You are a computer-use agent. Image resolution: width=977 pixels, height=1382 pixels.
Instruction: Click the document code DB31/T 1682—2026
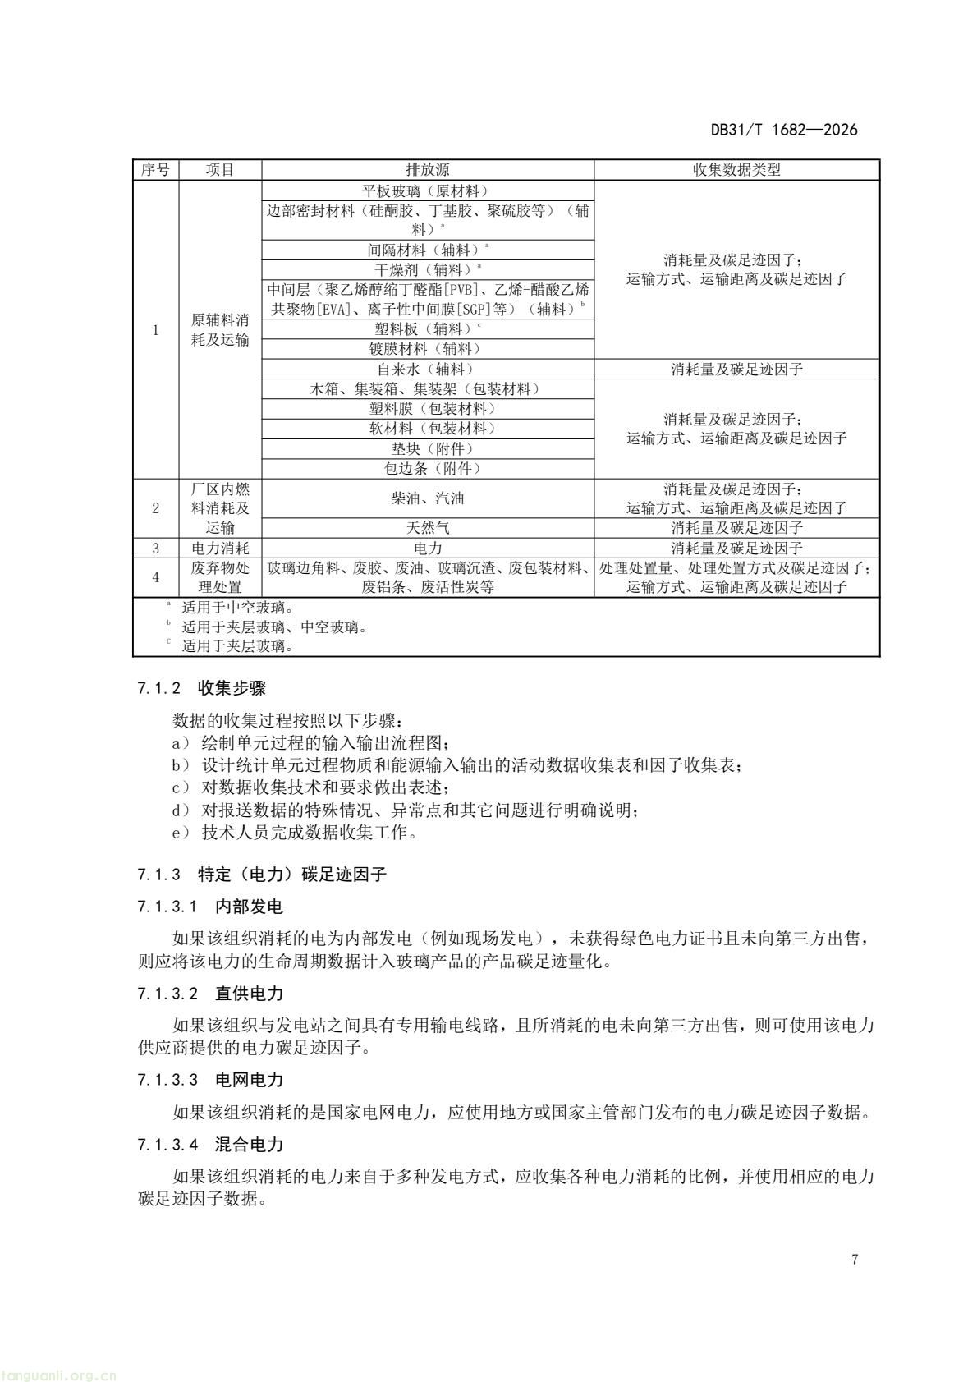783,130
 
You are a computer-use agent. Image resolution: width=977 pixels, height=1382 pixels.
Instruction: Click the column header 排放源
428,170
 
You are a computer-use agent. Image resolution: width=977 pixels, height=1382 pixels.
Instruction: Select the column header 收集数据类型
736,170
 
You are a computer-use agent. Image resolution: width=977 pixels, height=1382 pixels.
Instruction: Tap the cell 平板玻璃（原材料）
428,191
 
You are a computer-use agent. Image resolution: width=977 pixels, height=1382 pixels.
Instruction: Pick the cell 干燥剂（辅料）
428,269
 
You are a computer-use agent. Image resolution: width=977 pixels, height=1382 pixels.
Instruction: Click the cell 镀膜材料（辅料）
428,349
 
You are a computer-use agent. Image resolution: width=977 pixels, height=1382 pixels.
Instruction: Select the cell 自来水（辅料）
428,370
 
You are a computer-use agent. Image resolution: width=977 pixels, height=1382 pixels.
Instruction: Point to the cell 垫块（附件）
428,449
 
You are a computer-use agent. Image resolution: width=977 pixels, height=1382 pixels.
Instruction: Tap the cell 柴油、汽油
428,498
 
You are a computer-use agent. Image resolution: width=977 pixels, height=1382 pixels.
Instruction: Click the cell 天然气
428,528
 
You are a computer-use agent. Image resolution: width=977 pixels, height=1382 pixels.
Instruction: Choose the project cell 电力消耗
220,549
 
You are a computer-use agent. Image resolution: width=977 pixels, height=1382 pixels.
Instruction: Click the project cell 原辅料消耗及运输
220,330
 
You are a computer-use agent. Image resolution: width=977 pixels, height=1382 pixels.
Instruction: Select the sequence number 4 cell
156,577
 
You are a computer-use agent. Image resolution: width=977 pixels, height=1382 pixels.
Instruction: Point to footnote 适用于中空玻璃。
237,608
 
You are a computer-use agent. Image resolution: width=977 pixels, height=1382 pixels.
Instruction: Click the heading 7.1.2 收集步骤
202,689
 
